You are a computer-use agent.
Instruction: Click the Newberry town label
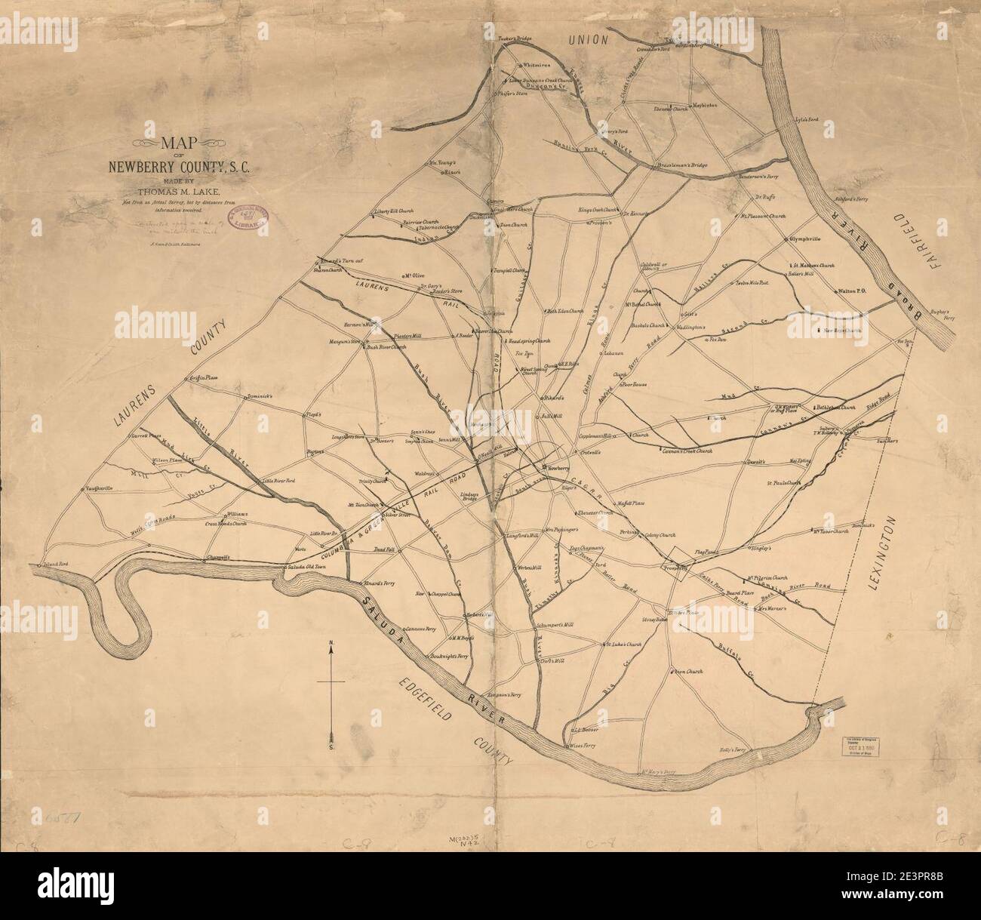560,468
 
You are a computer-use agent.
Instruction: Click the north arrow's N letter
331,643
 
